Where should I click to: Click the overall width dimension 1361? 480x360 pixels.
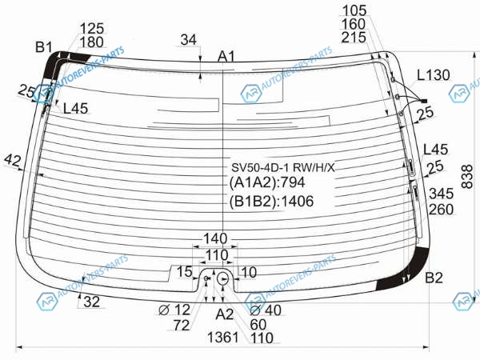(223, 338)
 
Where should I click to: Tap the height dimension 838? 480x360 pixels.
(467, 177)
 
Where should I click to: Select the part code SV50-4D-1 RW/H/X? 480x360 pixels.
(283, 167)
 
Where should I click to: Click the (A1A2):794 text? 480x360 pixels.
(267, 182)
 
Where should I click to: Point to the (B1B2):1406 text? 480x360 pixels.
(271, 202)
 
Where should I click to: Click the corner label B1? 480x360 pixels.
(43, 47)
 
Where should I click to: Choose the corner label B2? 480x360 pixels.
(434, 278)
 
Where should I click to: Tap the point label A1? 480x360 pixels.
(226, 57)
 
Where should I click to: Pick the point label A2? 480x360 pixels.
(224, 314)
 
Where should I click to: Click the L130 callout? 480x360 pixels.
(434, 75)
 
